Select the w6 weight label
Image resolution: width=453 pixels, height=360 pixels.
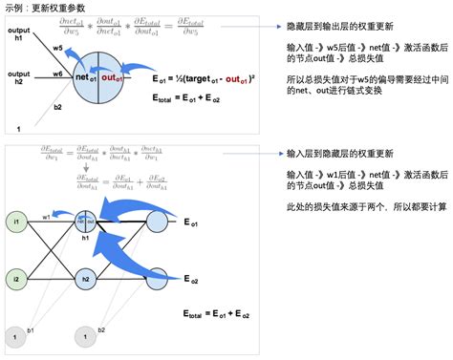click(x=58, y=73)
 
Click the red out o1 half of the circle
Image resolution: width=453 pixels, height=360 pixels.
click(x=114, y=75)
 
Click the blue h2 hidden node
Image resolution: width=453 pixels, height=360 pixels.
click(x=86, y=280)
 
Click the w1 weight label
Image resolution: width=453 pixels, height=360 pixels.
click(x=46, y=218)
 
